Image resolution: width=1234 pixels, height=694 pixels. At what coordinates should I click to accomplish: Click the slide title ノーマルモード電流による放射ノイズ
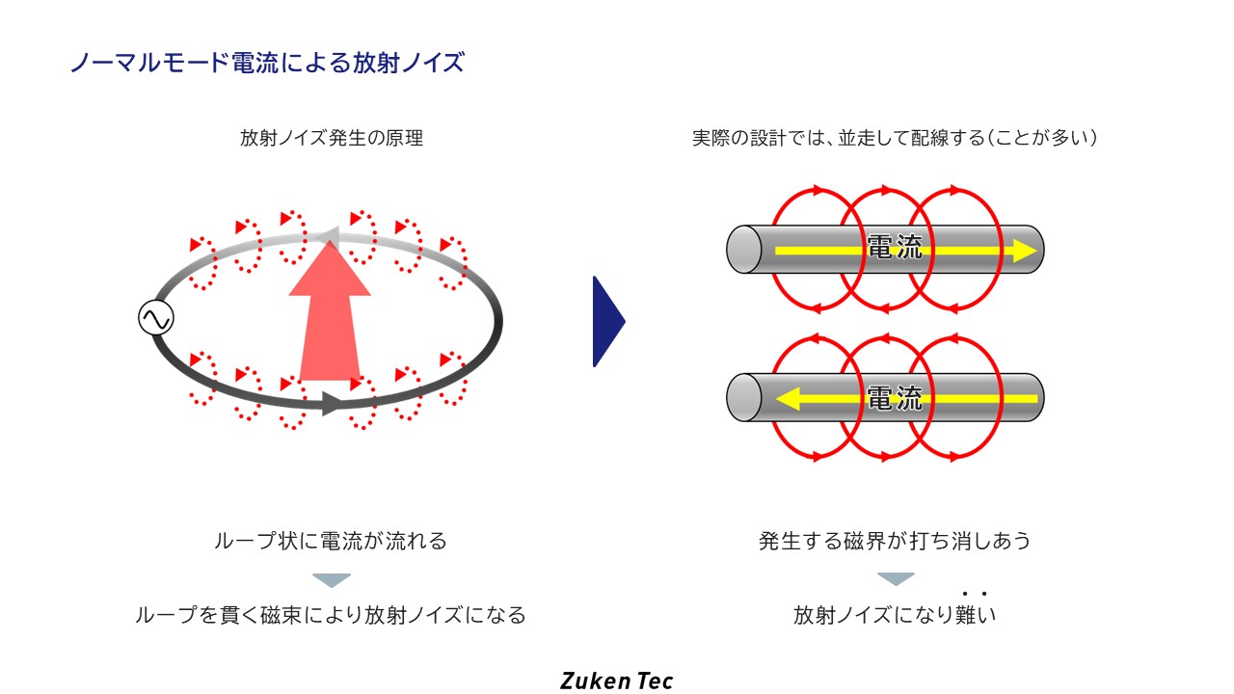[x=267, y=64]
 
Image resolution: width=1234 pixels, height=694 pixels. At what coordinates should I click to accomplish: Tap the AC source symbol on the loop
[x=155, y=318]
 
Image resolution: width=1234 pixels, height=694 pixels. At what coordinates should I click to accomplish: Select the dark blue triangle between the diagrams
[x=606, y=322]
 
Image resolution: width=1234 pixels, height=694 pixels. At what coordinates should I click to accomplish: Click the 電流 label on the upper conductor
[x=895, y=248]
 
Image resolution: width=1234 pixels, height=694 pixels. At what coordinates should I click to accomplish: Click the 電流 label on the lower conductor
[x=895, y=397]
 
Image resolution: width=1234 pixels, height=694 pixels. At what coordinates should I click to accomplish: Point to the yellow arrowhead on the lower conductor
[x=791, y=398]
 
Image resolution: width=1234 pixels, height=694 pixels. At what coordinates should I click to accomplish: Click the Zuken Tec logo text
[x=617, y=681]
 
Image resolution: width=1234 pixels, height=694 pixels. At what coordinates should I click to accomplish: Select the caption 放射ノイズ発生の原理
[x=332, y=138]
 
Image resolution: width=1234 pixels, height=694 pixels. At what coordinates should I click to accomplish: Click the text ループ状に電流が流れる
[x=331, y=541]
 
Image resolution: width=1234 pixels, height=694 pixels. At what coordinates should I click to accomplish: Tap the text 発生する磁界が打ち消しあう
[x=895, y=541]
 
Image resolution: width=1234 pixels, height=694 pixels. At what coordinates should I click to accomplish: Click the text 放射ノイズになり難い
[x=895, y=615]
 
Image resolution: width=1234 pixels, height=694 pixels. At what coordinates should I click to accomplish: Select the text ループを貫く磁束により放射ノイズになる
[x=331, y=615]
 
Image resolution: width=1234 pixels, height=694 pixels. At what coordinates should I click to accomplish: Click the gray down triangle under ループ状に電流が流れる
[x=332, y=580]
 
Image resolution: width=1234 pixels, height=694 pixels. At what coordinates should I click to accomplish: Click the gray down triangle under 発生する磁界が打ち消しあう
[x=896, y=579]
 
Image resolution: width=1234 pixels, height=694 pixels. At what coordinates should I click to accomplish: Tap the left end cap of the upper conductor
[x=741, y=249]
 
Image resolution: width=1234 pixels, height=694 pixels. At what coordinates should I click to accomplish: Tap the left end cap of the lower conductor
[x=741, y=397]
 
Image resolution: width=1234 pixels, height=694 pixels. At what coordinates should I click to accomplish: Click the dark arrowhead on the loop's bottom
[x=333, y=403]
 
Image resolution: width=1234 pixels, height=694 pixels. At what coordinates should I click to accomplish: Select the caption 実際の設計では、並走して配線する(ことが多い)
[x=895, y=138]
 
